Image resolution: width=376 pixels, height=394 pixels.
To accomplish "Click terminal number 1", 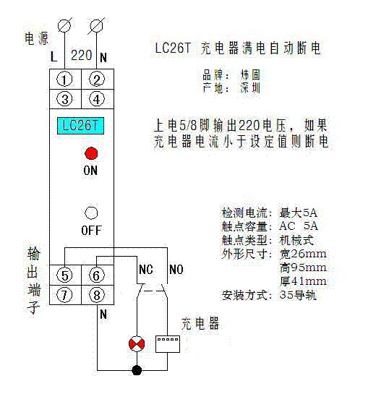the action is point(64,80).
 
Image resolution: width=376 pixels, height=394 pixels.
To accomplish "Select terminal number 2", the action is point(97,80).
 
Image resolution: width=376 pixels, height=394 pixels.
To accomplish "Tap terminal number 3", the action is point(64,99).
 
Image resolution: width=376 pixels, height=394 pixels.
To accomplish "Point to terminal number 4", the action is point(97,99).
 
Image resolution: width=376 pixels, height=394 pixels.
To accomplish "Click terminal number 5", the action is point(64,275).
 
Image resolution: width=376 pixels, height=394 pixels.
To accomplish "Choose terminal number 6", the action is point(97,275).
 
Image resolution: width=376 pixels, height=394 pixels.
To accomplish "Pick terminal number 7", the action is point(64,295).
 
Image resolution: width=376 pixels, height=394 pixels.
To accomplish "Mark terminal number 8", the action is point(97,295).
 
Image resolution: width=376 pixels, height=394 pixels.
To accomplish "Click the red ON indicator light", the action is point(91,153).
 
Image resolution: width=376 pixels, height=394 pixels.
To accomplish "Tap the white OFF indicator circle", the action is point(91,213).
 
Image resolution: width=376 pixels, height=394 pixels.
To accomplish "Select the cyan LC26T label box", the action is point(80,126).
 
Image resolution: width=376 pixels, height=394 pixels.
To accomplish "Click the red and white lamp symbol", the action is point(137,343).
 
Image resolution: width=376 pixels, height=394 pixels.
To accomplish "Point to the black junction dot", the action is point(137,370).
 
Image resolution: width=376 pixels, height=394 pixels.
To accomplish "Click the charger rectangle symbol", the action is point(168,344).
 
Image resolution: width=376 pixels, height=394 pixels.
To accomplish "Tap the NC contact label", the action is point(146,270).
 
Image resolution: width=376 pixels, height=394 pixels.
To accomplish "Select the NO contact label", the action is point(176,270).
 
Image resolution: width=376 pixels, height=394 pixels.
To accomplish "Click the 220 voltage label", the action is point(82,55).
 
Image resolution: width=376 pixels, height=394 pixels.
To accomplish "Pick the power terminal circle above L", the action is point(64,25).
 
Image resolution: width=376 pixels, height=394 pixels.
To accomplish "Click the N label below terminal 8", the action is point(103,314).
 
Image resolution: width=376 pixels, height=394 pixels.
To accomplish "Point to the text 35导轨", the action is point(298,295).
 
